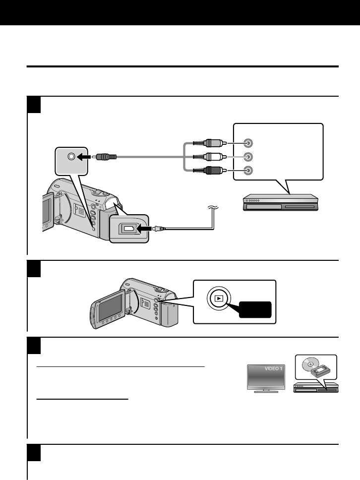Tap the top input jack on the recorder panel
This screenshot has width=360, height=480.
[x=250, y=143]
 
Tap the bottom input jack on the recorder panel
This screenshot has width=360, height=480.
[x=250, y=171]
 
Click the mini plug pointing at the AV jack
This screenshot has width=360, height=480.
[x=106, y=156]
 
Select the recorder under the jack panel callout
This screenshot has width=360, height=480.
[x=280, y=204]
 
